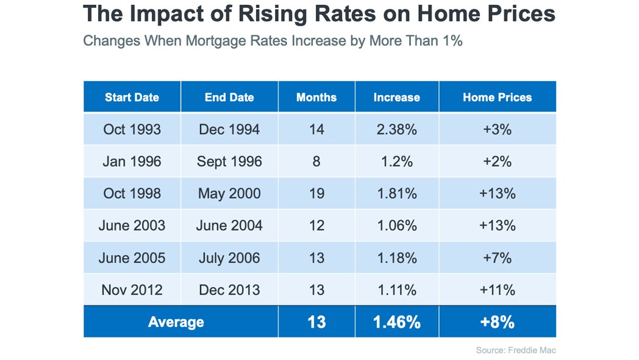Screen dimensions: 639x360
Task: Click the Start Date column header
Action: pos(132,97)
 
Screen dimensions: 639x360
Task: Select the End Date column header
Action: pos(229,97)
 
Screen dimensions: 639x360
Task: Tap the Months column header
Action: pos(316,97)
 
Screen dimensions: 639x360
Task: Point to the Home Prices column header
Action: pos(497,97)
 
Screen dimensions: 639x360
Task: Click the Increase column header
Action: pos(396,97)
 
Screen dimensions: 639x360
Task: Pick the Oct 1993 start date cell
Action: pos(132,129)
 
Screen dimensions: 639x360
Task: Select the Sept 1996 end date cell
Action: pos(229,162)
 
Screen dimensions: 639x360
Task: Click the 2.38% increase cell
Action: pos(396,129)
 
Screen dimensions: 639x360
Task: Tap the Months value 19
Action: pos(316,193)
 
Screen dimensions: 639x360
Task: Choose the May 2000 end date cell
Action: pos(229,193)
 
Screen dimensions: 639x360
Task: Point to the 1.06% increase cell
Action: pos(397,226)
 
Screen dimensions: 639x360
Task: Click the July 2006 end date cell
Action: pos(229,258)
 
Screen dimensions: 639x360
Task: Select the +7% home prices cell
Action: pos(497,257)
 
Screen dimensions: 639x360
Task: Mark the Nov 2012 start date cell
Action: pos(132,290)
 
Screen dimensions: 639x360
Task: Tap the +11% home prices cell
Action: pos(497,290)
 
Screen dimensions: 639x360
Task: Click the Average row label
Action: pos(176,322)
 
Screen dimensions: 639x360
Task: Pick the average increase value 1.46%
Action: pos(397,322)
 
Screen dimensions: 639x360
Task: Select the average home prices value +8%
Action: pos(497,322)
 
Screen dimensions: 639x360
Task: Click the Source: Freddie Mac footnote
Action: pos(516,350)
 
